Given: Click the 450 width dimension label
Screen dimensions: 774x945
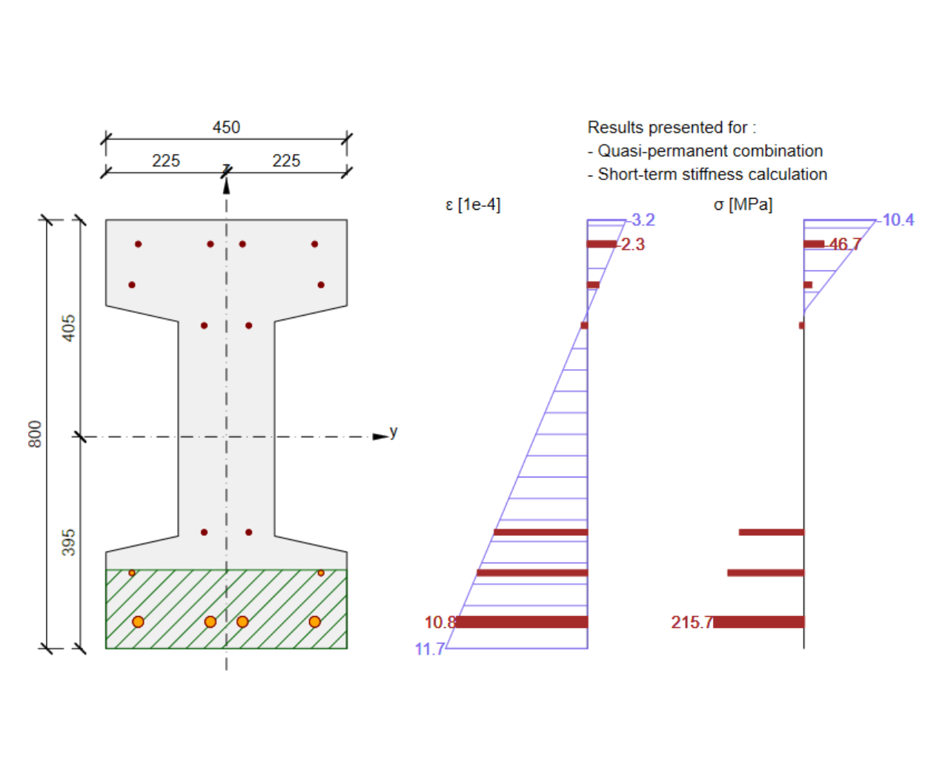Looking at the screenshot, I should pyautogui.click(x=226, y=128).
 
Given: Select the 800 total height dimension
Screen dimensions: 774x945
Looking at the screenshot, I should pyautogui.click(x=35, y=434).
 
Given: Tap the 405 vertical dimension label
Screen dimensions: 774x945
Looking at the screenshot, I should pyautogui.click(x=68, y=328).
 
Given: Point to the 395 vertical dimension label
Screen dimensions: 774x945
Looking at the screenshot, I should pyautogui.click(x=68, y=542).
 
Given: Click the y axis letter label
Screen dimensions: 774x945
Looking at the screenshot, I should pyautogui.click(x=394, y=431).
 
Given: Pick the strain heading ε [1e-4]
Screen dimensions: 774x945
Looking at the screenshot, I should pyautogui.click(x=473, y=205).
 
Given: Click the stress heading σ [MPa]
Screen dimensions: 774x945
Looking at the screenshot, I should pyautogui.click(x=743, y=205).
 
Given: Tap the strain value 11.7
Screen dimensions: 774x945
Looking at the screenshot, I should pyautogui.click(x=429, y=649).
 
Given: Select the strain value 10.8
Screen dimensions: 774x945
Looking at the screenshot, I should pyautogui.click(x=439, y=622).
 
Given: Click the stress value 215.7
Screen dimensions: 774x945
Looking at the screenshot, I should pyautogui.click(x=691, y=622).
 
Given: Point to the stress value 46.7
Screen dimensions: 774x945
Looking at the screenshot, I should pyautogui.click(x=845, y=244).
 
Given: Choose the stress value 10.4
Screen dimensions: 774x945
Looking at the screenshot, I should pyautogui.click(x=898, y=220).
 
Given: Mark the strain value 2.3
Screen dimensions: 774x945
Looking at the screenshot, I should pyautogui.click(x=633, y=245).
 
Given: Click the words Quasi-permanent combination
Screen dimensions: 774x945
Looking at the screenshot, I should pyautogui.click(x=710, y=151).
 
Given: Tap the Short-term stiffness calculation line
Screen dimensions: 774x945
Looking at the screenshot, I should pyautogui.click(x=712, y=174).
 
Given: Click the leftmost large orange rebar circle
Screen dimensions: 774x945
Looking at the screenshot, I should pyautogui.click(x=138, y=621).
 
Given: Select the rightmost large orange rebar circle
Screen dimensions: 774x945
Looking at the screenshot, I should pyautogui.click(x=315, y=621).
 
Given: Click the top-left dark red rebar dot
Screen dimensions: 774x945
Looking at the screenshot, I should pyautogui.click(x=138, y=244).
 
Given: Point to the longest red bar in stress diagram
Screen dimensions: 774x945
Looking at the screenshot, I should pyautogui.click(x=759, y=622).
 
